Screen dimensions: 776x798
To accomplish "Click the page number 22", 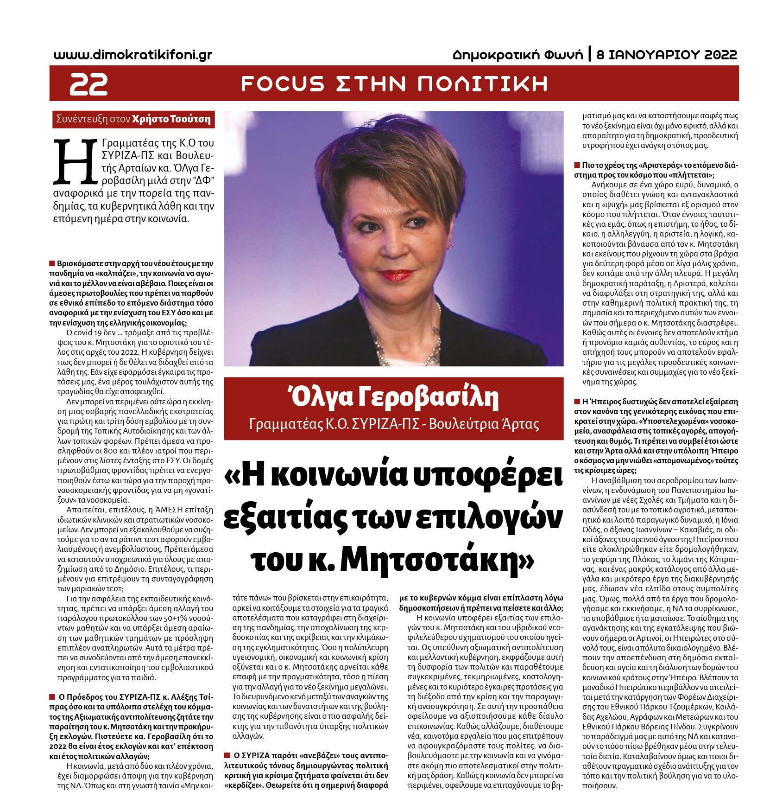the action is tap(88, 84).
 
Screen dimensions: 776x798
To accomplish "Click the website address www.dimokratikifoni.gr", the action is tap(133, 55).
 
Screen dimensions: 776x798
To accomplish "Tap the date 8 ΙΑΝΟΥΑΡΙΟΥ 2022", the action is tap(667, 55).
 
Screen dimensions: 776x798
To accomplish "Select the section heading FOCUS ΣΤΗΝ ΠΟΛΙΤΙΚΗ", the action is tap(394, 84).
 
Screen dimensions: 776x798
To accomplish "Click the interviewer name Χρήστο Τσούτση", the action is tap(171, 119).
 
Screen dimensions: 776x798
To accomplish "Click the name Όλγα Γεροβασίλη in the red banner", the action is tap(393, 398).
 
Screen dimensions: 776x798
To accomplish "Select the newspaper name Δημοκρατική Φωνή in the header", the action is tap(518, 55).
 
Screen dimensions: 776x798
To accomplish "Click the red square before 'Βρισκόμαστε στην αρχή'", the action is tap(52, 264).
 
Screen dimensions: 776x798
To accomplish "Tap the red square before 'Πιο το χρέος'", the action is tap(577, 165).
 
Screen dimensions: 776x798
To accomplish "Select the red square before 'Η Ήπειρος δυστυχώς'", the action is tap(577, 402).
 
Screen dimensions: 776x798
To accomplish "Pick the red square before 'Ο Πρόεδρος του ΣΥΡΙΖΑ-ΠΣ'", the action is tap(52, 697).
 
